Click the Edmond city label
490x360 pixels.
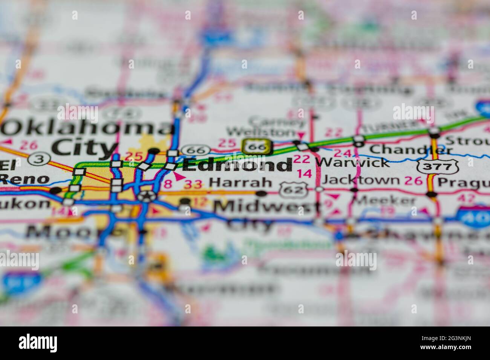pyautogui.click(x=237, y=165)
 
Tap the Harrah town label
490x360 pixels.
pyautogui.click(x=240, y=183)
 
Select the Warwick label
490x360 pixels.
pyautogui.click(x=352, y=162)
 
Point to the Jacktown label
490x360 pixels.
pyautogui.click(x=361, y=180)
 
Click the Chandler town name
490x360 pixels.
pyautogui.click(x=411, y=149)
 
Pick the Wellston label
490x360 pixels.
pyautogui.click(x=261, y=132)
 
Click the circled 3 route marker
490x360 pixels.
pyautogui.click(x=38, y=159)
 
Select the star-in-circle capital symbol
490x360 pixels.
pyautogui.click(x=145, y=196)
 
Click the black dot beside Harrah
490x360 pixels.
pyautogui.click(x=261, y=194)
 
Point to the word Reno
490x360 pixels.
pyautogui.click(x=25, y=179)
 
